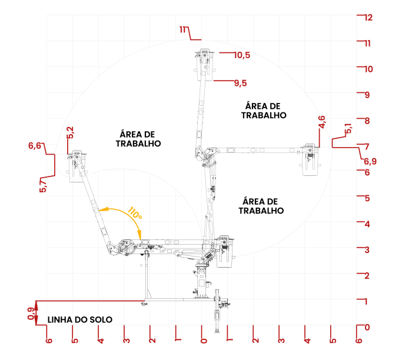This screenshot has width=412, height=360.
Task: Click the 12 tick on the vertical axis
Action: pyautogui.click(x=368, y=18)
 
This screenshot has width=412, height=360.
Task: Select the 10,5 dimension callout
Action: pyautogui.click(x=241, y=55)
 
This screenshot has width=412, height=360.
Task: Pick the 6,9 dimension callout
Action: pyautogui.click(x=370, y=161)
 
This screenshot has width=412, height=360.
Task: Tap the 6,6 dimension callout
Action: pyautogui.click(x=35, y=145)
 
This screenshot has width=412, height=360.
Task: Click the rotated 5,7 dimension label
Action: pyautogui.click(x=42, y=186)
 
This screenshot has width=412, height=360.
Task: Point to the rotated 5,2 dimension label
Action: pyautogui.click(x=71, y=132)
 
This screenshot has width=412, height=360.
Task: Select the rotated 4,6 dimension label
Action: pyautogui.click(x=321, y=122)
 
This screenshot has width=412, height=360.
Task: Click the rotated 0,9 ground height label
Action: pyautogui.click(x=31, y=314)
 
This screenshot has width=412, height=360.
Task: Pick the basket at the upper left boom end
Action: pyautogui.click(x=76, y=167)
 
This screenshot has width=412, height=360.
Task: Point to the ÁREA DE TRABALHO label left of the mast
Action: pyautogui.click(x=138, y=138)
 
